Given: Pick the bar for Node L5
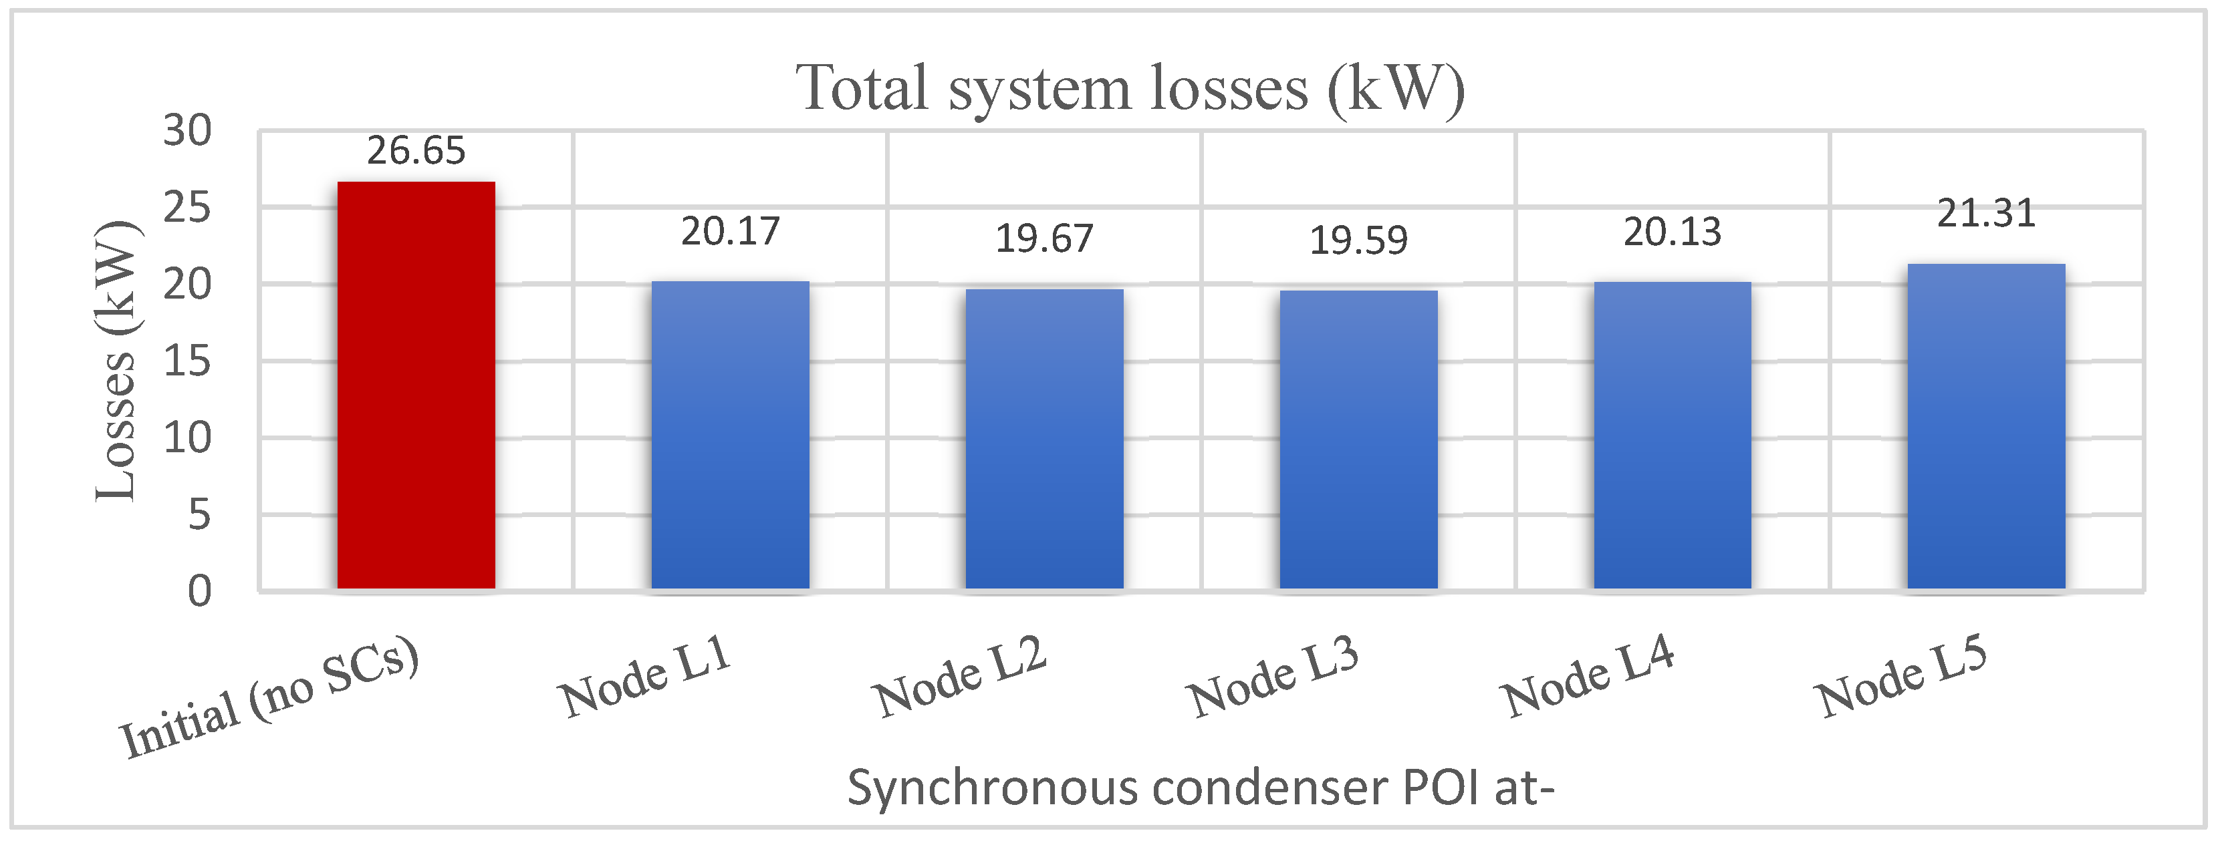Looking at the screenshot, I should click(x=1986, y=427).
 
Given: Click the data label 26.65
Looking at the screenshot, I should click(x=416, y=152).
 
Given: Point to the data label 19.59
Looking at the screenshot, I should click(x=1358, y=240).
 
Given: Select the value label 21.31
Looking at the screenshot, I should click(x=1986, y=213).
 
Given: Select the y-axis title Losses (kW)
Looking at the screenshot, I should click(x=116, y=361).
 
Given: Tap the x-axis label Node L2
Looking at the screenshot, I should click(x=959, y=677).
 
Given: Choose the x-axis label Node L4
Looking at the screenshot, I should click(x=1588, y=677).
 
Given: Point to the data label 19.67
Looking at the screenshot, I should click(x=1043, y=239).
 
